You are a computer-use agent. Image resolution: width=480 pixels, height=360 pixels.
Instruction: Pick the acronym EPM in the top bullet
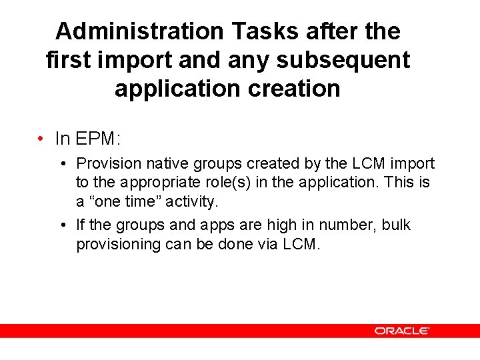click(95, 139)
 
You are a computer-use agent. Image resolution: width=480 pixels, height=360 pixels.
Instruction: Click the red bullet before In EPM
click(41, 139)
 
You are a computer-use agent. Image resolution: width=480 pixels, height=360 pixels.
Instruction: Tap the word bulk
click(395, 225)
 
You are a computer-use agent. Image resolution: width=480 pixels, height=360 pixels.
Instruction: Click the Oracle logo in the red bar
click(401, 330)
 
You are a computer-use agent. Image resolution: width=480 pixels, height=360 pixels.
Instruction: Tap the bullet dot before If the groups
click(61, 225)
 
